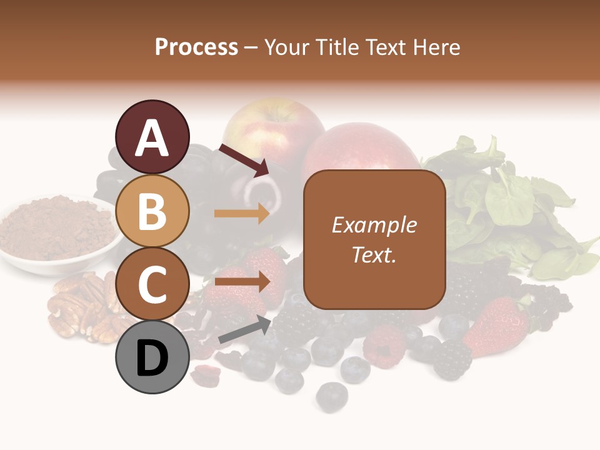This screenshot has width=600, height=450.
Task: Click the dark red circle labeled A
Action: [152, 137]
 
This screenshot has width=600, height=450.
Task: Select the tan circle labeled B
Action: [152, 211]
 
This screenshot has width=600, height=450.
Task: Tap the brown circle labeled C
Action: [152, 284]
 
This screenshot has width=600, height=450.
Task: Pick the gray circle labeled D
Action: [152, 357]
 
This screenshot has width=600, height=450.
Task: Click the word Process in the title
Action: [196, 47]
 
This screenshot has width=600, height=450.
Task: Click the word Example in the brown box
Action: [374, 225]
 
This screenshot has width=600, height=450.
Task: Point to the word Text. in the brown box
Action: [374, 254]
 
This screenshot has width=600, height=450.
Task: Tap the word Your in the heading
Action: [286, 47]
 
